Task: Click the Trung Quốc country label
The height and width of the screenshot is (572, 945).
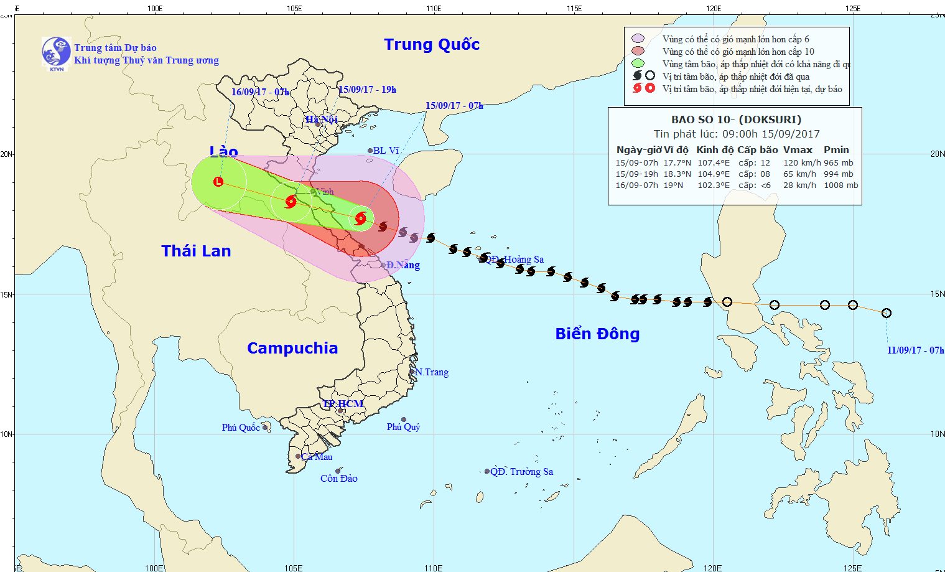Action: click(x=432, y=45)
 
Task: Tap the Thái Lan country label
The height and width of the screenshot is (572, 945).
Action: click(x=196, y=251)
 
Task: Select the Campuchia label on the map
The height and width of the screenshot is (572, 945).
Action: click(x=292, y=348)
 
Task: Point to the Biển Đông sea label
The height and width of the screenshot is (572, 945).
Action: click(x=597, y=334)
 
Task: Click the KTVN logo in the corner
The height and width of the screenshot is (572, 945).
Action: click(x=56, y=52)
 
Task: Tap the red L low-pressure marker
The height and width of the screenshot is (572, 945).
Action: click(x=218, y=182)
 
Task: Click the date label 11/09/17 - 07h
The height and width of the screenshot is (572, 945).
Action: click(x=915, y=350)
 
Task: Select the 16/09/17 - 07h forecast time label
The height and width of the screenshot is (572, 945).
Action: click(x=260, y=92)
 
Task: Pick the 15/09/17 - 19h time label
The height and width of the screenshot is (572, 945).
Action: click(x=367, y=90)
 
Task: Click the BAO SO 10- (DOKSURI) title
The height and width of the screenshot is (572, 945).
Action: click(x=736, y=120)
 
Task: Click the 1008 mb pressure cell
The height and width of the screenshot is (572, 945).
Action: click(x=840, y=185)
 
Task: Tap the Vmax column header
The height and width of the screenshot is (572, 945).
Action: click(x=798, y=150)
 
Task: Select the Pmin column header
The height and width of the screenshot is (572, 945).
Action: click(x=836, y=150)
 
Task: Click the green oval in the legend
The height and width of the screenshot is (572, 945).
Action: click(x=638, y=63)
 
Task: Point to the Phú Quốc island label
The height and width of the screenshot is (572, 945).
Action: click(x=241, y=428)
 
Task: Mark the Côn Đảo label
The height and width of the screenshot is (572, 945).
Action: click(x=339, y=479)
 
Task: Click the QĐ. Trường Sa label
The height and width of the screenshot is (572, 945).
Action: click(x=521, y=472)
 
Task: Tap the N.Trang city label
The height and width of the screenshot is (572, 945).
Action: click(x=432, y=372)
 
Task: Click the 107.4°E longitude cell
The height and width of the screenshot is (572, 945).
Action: click(x=714, y=163)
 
